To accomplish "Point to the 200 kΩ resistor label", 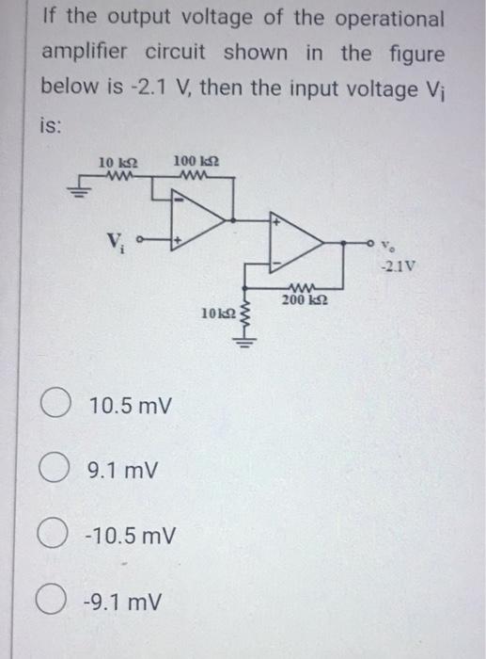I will (x=303, y=298).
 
